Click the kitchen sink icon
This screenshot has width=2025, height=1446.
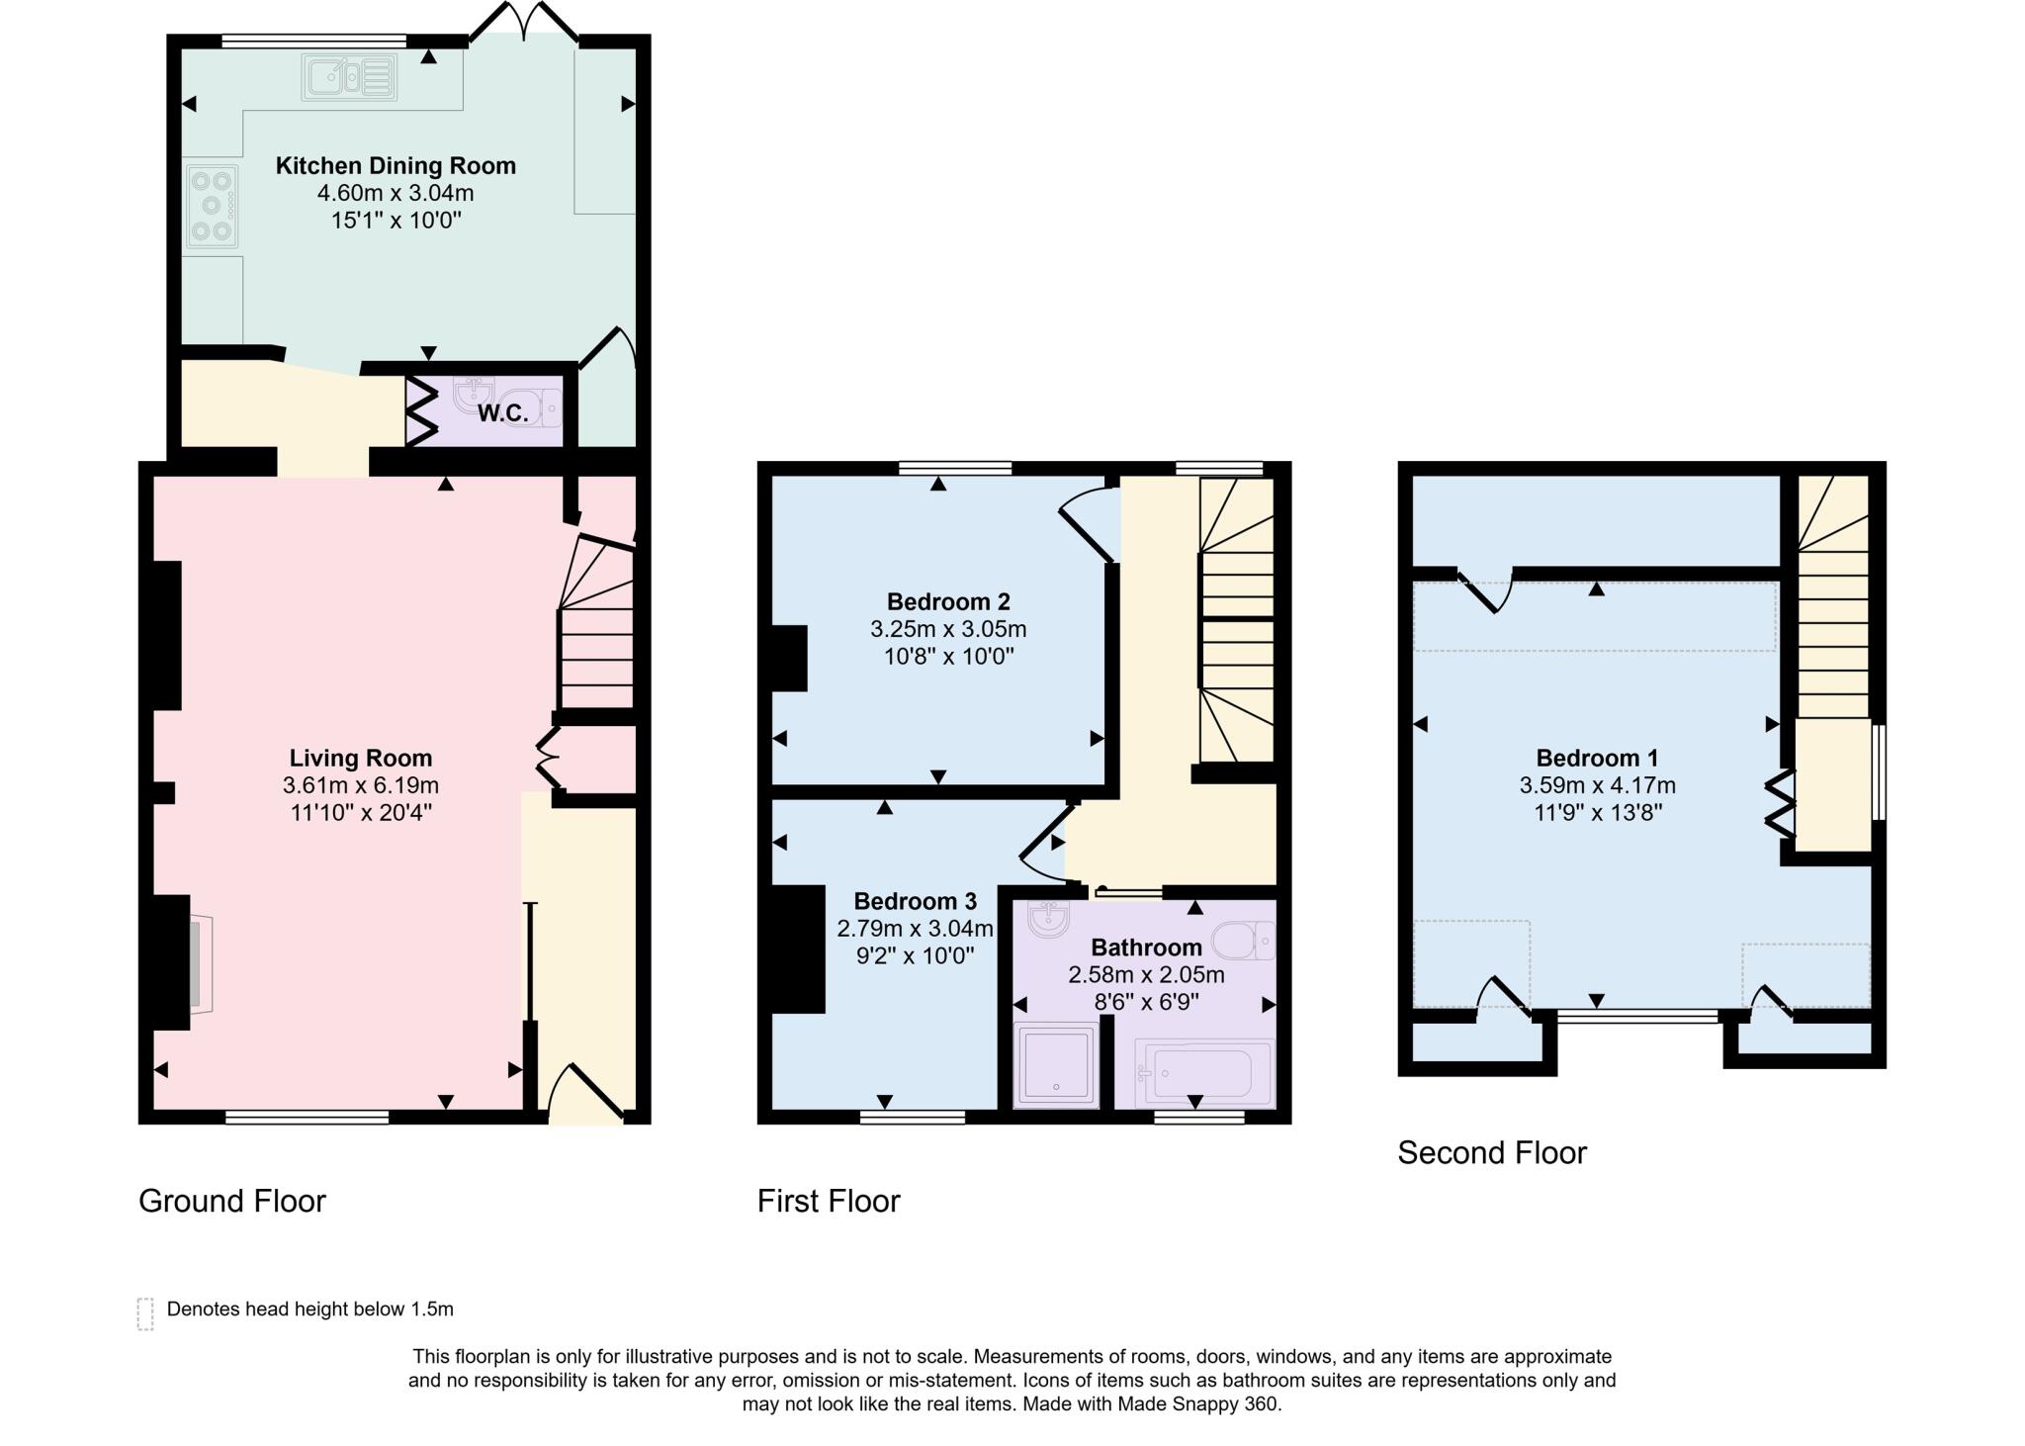(x=349, y=76)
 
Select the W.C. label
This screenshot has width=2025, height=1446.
(x=502, y=413)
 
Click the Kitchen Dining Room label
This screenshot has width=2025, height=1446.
(x=396, y=165)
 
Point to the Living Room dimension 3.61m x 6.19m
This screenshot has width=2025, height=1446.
(x=360, y=785)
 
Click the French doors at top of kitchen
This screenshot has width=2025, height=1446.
(x=523, y=22)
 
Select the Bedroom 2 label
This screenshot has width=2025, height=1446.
(x=947, y=601)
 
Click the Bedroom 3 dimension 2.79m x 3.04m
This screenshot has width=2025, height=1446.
(x=915, y=929)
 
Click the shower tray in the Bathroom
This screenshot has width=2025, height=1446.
(x=1056, y=1065)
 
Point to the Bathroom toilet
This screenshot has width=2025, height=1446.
(x=1244, y=941)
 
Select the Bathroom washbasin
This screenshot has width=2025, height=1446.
(x=1047, y=919)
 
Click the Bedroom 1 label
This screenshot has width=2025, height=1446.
(x=1596, y=759)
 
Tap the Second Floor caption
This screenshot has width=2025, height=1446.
(x=1491, y=1153)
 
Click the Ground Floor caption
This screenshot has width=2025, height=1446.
(x=231, y=1201)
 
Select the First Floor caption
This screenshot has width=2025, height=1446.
(x=828, y=1201)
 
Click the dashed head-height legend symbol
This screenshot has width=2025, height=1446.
(x=145, y=1313)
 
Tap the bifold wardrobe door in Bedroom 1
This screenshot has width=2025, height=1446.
(x=1780, y=804)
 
